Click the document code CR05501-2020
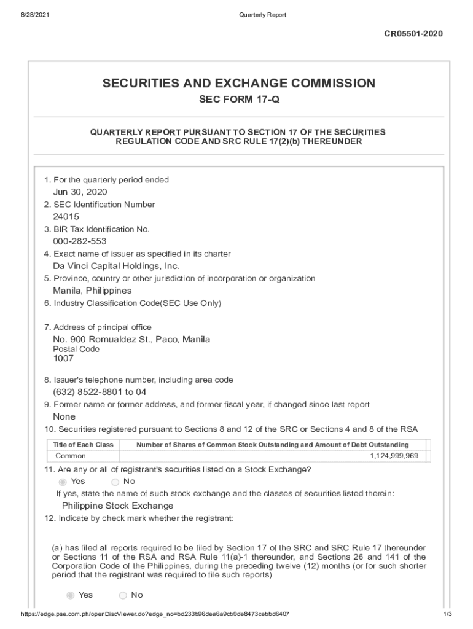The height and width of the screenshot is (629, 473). point(413,34)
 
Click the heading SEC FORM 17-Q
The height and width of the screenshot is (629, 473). point(238,100)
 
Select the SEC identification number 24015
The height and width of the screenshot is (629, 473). point(66,217)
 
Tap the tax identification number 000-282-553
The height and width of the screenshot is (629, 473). point(80,241)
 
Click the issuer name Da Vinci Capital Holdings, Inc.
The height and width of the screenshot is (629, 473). point(116,266)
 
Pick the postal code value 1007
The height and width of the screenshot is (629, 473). point(63,358)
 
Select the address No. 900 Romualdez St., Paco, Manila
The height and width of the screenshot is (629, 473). point(131,339)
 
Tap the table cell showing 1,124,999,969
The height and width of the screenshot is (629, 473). point(394,456)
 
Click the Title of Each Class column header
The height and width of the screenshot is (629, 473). point(83,445)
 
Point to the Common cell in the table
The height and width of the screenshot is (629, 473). point(71,456)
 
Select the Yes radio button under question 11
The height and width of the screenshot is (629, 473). point(62,482)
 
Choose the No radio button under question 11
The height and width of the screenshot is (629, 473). point(115,482)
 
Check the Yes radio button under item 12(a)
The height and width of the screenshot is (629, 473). point(70,595)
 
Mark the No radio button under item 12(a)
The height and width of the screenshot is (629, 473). point(123,595)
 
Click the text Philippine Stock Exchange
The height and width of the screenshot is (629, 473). point(117,506)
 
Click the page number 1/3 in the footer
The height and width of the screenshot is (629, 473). point(448,614)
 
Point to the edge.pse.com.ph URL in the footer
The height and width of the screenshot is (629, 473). point(155,614)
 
